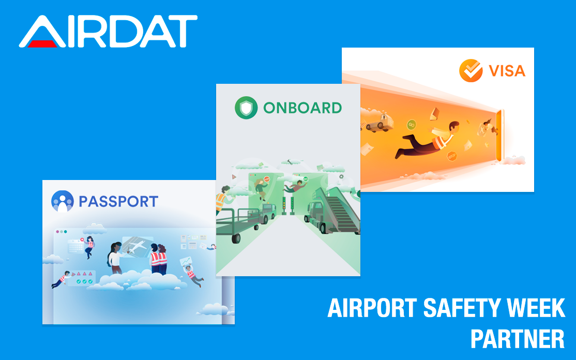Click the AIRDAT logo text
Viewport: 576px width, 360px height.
(109, 32)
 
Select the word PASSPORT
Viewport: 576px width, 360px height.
(118, 202)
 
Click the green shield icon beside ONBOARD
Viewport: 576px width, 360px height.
(246, 108)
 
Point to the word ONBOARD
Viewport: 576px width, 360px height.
(302, 108)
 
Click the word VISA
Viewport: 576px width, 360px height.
(507, 71)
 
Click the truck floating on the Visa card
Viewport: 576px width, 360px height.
(379, 124)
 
